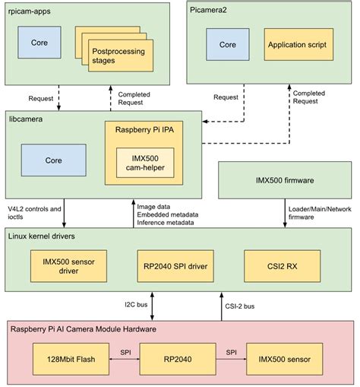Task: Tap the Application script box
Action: point(297,45)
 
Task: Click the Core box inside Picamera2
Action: point(227,45)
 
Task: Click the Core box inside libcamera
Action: point(53,161)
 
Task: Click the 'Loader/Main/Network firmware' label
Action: point(318,211)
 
